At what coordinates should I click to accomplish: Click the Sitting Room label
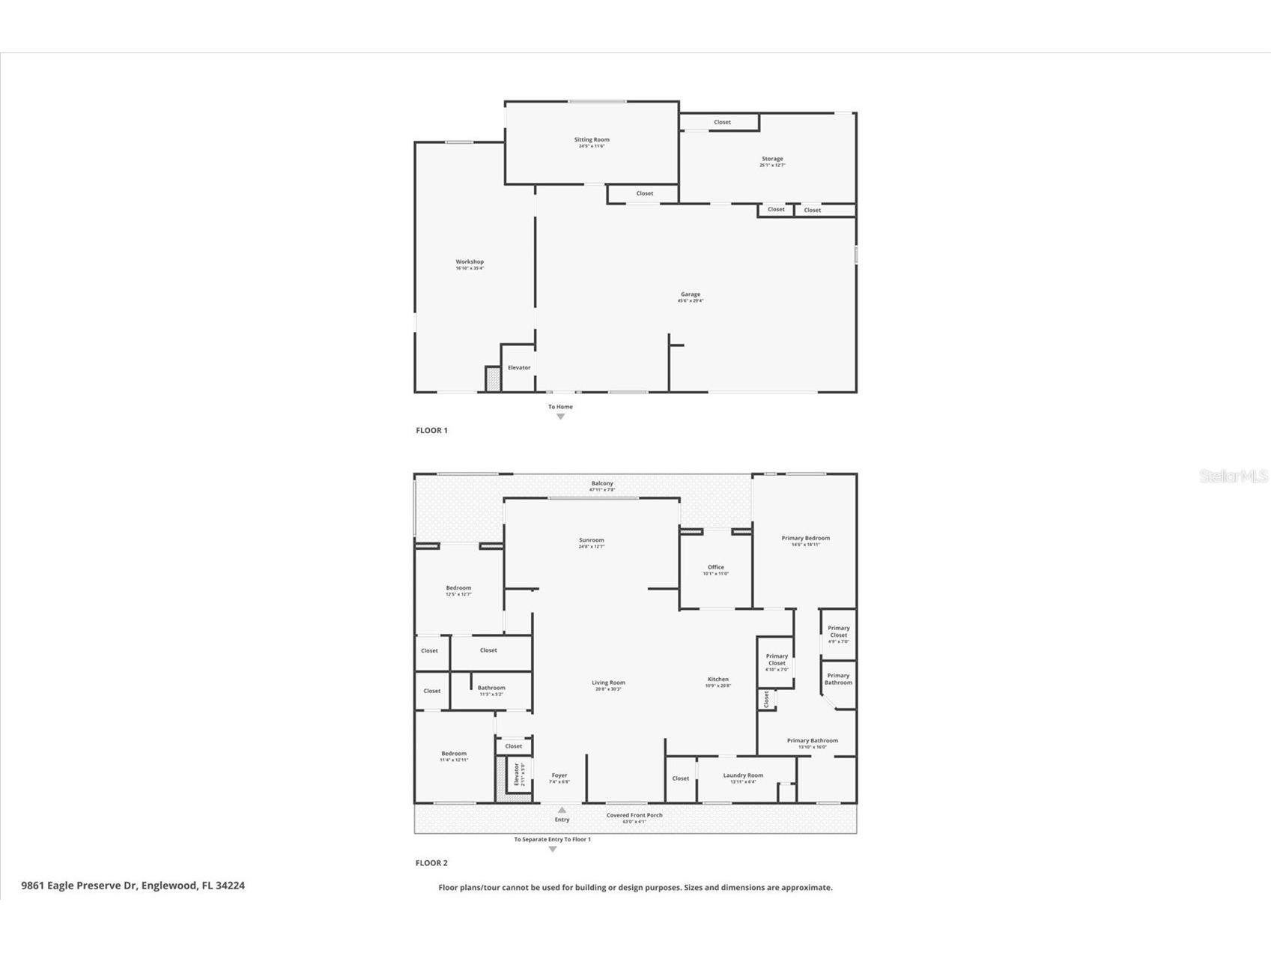point(592,140)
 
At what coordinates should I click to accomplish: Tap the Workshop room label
point(470,262)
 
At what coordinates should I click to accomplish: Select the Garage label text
point(691,295)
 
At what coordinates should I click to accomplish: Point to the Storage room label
point(772,160)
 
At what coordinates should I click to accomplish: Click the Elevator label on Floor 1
point(519,368)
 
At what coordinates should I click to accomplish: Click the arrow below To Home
point(560,417)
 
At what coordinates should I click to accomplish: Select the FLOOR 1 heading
point(431,431)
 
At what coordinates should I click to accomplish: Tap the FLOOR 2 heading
point(431,863)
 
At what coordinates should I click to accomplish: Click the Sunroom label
point(591,541)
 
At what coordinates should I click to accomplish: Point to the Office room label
point(715,568)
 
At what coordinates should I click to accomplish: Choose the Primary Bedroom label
point(805,539)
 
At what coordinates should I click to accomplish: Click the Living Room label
point(608,683)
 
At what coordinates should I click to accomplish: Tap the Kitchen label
point(718,680)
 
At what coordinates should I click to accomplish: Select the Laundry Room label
point(743,776)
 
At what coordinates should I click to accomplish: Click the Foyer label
point(559,776)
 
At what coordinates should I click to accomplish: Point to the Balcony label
point(602,484)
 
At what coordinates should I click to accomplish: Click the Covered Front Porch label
point(634,815)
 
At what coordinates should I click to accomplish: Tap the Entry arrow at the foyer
point(562,810)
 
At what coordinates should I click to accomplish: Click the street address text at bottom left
point(133,886)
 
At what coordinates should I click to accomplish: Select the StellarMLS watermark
point(1233,476)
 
